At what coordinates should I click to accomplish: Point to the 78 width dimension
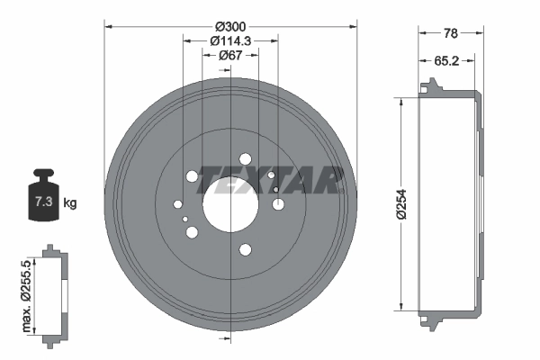[x=451, y=32]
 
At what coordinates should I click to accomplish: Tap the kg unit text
[x=70, y=203]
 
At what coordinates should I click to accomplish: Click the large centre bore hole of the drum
[x=231, y=203]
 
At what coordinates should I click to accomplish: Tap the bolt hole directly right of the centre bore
[x=278, y=204]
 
